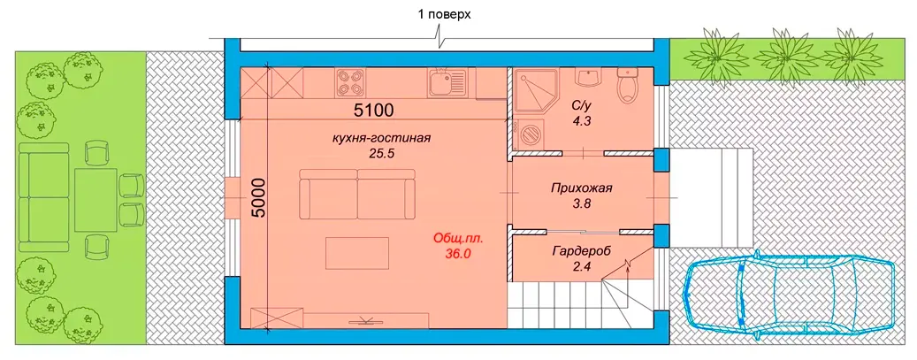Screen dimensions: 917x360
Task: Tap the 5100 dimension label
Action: point(372,109)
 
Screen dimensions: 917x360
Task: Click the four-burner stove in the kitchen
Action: point(349,82)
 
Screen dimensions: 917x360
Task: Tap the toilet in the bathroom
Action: point(628,86)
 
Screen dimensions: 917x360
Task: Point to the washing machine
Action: point(530,134)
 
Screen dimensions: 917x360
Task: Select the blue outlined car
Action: point(790,296)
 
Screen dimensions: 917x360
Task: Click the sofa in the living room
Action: point(357,193)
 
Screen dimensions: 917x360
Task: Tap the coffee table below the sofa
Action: point(357,253)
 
